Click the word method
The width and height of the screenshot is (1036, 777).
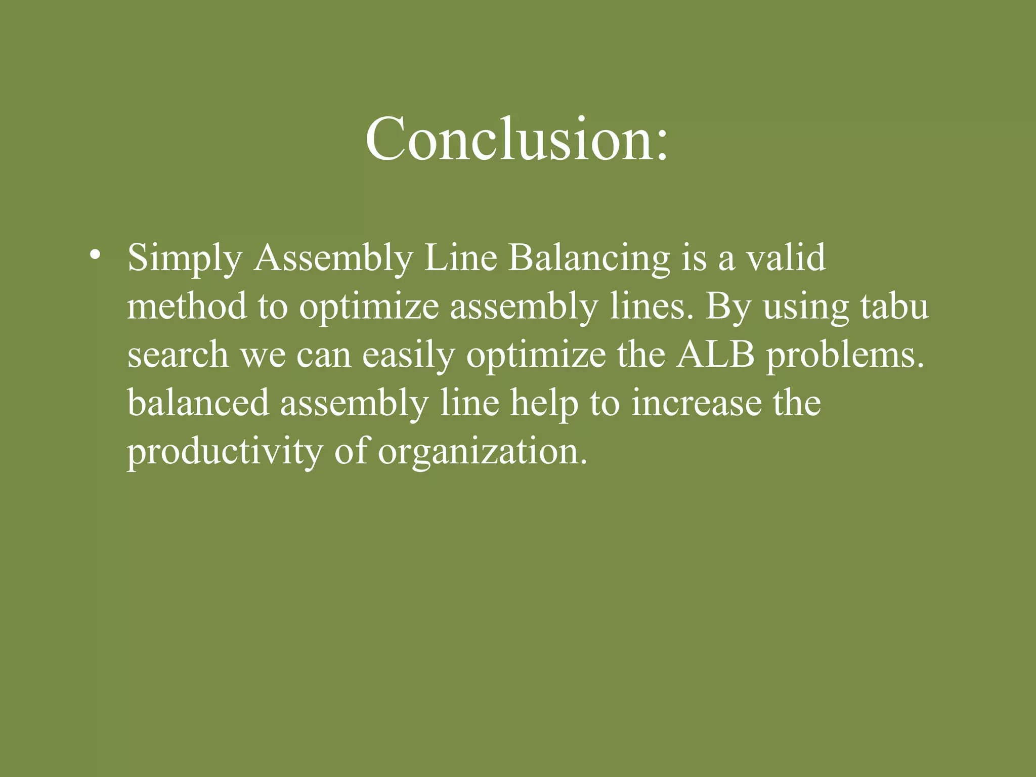(187, 307)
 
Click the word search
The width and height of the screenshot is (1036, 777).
(178, 355)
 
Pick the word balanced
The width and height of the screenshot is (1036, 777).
(198, 403)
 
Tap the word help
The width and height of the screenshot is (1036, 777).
(544, 404)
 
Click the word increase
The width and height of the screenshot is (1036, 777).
(696, 403)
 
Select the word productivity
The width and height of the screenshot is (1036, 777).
(224, 452)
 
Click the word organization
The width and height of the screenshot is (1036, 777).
(483, 452)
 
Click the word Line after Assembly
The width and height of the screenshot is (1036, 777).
(460, 258)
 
